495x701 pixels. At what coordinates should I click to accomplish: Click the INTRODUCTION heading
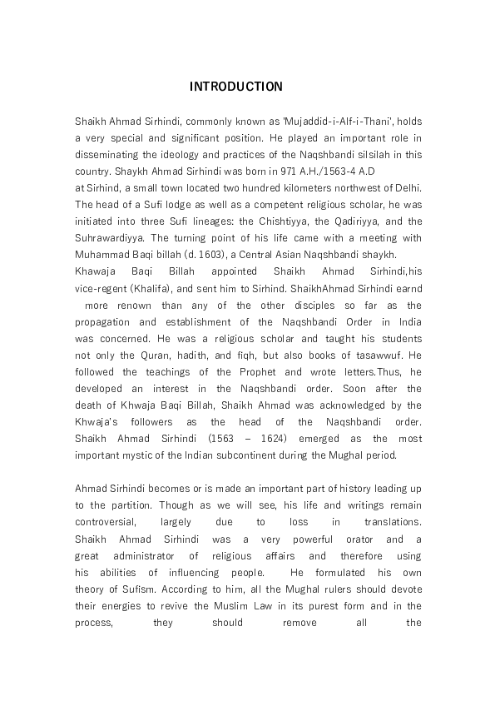pos(235,87)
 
